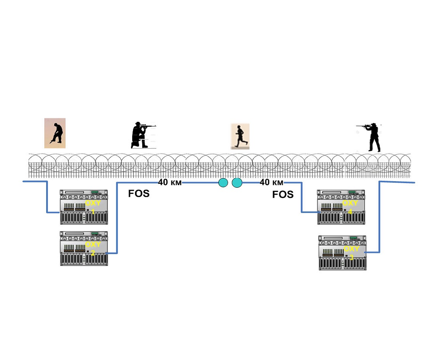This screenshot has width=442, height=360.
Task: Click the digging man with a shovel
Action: tap(55, 133)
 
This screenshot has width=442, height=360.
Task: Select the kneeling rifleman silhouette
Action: tap(140, 136)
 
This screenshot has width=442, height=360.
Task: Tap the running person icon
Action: tap(240, 136)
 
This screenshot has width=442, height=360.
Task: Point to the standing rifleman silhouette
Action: tap(373, 138)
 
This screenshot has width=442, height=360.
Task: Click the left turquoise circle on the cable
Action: tap(223, 182)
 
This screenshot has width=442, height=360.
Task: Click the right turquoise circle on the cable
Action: tap(237, 182)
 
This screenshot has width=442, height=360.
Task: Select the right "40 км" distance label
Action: tap(272, 182)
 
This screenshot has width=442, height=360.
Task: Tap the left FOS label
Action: tap(139, 194)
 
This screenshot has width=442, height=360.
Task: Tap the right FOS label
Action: tap(283, 194)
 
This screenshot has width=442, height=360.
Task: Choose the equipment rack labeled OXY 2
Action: tap(84, 248)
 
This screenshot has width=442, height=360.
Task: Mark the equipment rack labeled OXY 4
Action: tap(341, 207)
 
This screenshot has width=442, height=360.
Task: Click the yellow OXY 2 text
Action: tap(93, 248)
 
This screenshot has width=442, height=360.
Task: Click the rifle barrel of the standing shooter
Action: tap(361, 126)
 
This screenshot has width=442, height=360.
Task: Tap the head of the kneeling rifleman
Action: tap(139, 125)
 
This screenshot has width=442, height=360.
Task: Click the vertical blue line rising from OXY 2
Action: tap(117, 217)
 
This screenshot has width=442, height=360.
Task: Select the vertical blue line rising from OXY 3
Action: tap(379, 217)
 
